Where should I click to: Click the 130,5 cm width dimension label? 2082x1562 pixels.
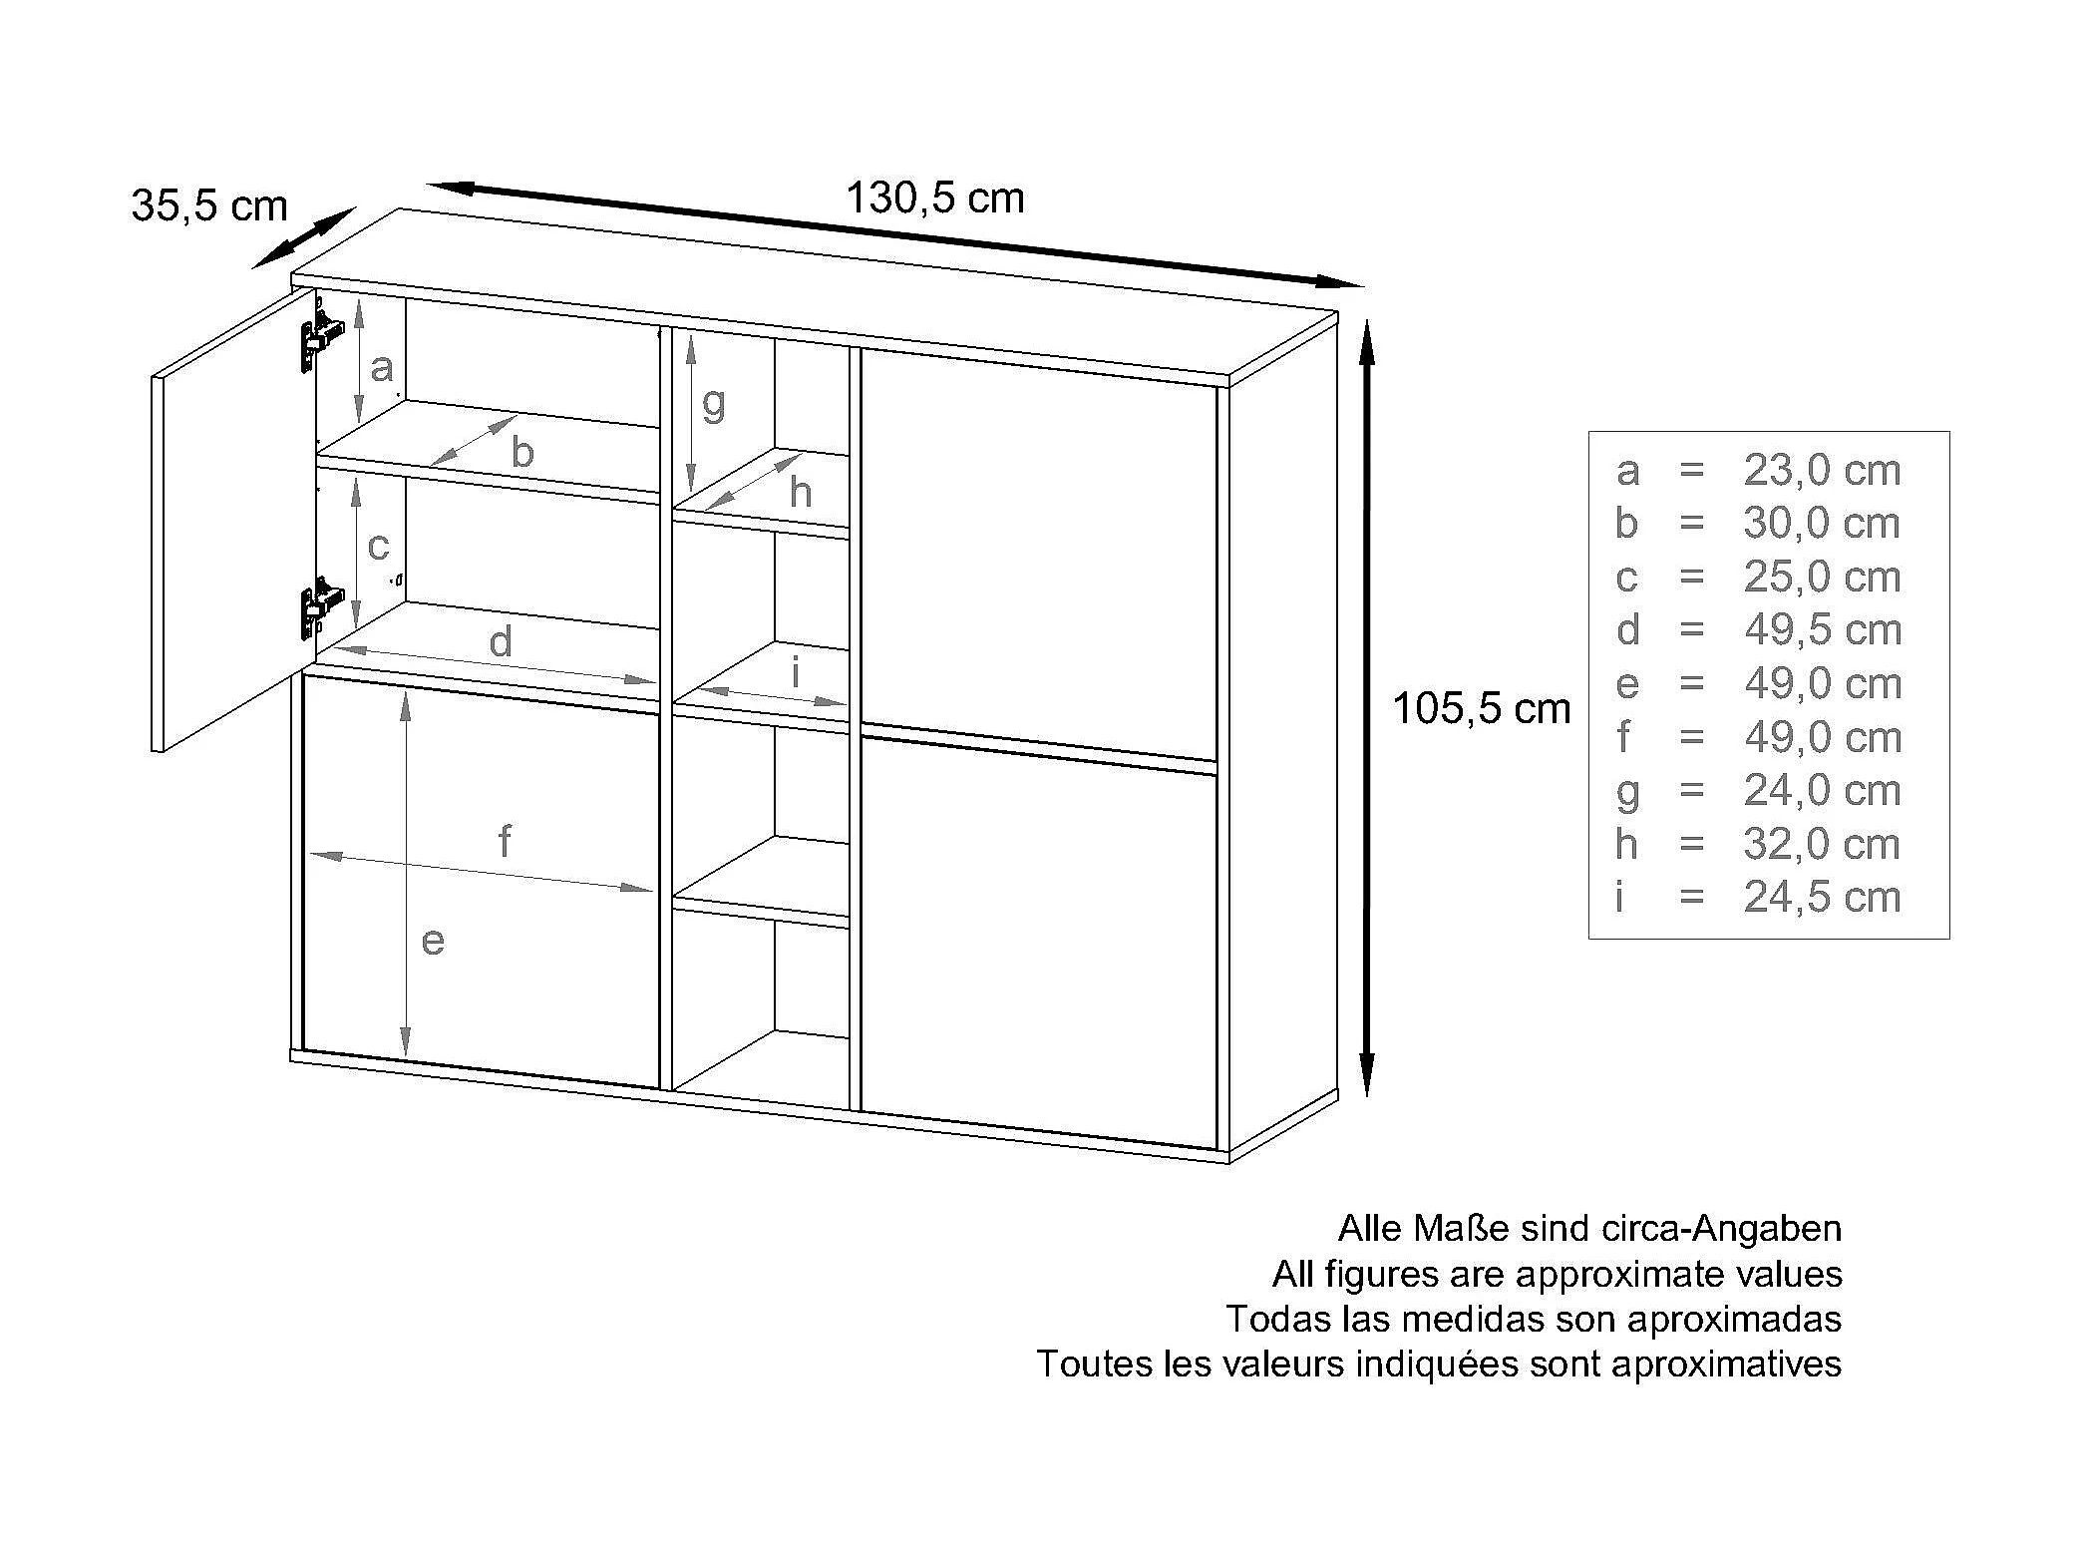[x=934, y=198]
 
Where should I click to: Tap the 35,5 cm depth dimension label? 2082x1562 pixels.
[x=209, y=206]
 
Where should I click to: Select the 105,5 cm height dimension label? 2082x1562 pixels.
[x=1481, y=709]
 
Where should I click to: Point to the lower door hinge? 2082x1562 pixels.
[x=321, y=604]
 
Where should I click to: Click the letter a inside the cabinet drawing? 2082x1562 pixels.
[x=381, y=369]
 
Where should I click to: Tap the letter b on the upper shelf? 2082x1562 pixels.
[x=522, y=452]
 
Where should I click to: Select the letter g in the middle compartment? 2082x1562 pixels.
[x=713, y=405]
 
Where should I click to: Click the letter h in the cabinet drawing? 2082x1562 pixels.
[x=800, y=492]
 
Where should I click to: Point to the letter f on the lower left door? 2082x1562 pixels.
[x=505, y=842]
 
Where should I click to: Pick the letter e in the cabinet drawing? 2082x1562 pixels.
[x=432, y=941]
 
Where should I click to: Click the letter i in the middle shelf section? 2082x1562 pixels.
[x=796, y=673]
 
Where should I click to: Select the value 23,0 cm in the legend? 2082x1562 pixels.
[x=1822, y=471]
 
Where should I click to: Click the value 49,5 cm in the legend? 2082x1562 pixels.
[x=1823, y=630]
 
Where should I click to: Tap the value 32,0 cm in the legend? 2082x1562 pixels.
[x=1822, y=845]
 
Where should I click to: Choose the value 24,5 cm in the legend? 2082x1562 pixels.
[x=1822, y=898]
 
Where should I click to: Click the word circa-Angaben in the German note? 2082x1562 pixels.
[x=1721, y=1229]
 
